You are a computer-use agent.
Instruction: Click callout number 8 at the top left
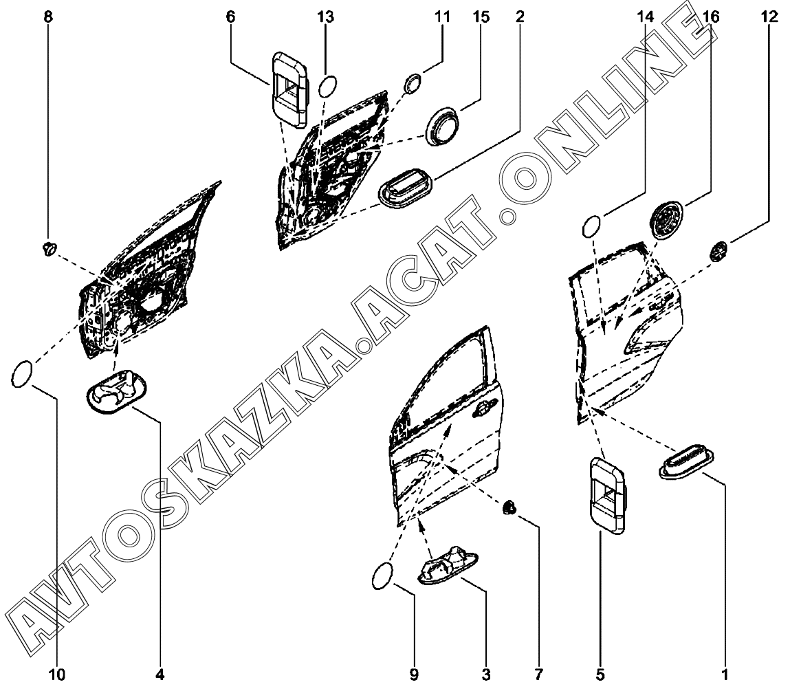[x=48, y=17]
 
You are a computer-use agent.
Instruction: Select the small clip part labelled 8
[x=48, y=248]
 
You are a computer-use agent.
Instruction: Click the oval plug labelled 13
[x=328, y=87]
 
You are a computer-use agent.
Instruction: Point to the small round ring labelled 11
[x=413, y=83]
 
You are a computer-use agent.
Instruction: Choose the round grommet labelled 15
[x=443, y=126]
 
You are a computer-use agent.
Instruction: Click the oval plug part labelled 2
[x=406, y=188]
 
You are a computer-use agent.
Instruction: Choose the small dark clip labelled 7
[x=509, y=507]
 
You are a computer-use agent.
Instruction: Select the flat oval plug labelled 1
[x=686, y=461]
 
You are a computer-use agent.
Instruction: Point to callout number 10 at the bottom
[x=58, y=674]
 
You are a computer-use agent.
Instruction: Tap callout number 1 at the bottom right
[x=725, y=674]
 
